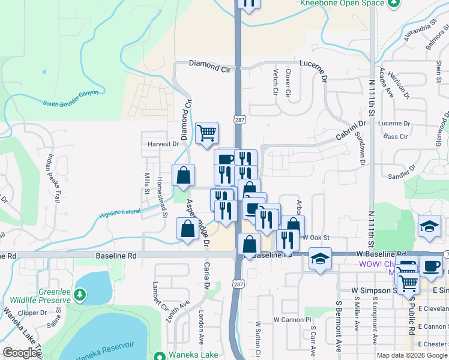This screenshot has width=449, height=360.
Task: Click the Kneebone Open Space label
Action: (x=342, y=3)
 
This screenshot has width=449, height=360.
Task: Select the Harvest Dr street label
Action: (x=163, y=144)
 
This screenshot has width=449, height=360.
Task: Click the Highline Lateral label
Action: (x=121, y=211)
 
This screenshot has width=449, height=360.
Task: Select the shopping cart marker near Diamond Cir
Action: (x=206, y=133)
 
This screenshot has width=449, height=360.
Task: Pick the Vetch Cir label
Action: (x=276, y=83)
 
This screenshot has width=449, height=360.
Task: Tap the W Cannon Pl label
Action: (x=293, y=319)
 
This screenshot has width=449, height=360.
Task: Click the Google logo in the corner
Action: (x=20, y=353)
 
